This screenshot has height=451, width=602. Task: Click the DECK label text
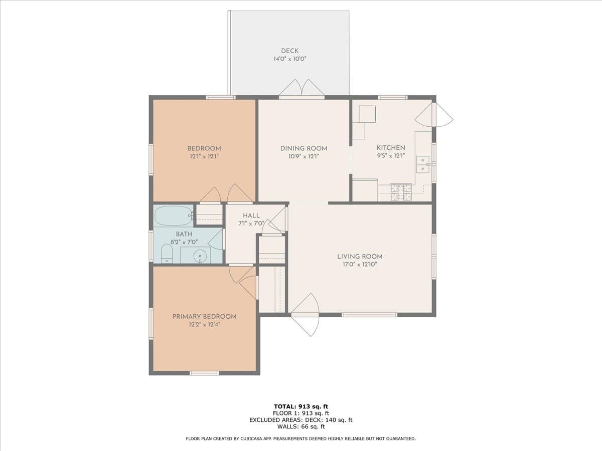(289, 51)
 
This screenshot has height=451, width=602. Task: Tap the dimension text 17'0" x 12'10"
(356, 265)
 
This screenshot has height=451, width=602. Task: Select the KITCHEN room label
(391, 148)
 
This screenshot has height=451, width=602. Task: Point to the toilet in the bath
(167, 254)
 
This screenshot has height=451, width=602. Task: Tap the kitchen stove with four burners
(400, 192)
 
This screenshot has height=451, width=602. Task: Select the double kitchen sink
(422, 164)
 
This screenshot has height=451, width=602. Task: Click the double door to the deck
(302, 89)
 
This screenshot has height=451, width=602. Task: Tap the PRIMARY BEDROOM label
(204, 316)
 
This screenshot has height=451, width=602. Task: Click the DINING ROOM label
(304, 148)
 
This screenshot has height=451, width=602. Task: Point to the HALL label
(251, 215)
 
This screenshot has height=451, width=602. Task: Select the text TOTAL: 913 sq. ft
(300, 406)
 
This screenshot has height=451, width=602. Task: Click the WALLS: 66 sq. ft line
(300, 426)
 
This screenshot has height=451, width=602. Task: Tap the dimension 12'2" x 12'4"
(204, 324)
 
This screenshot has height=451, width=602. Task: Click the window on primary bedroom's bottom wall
(204, 373)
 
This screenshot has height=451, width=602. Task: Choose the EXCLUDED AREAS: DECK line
(300, 420)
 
